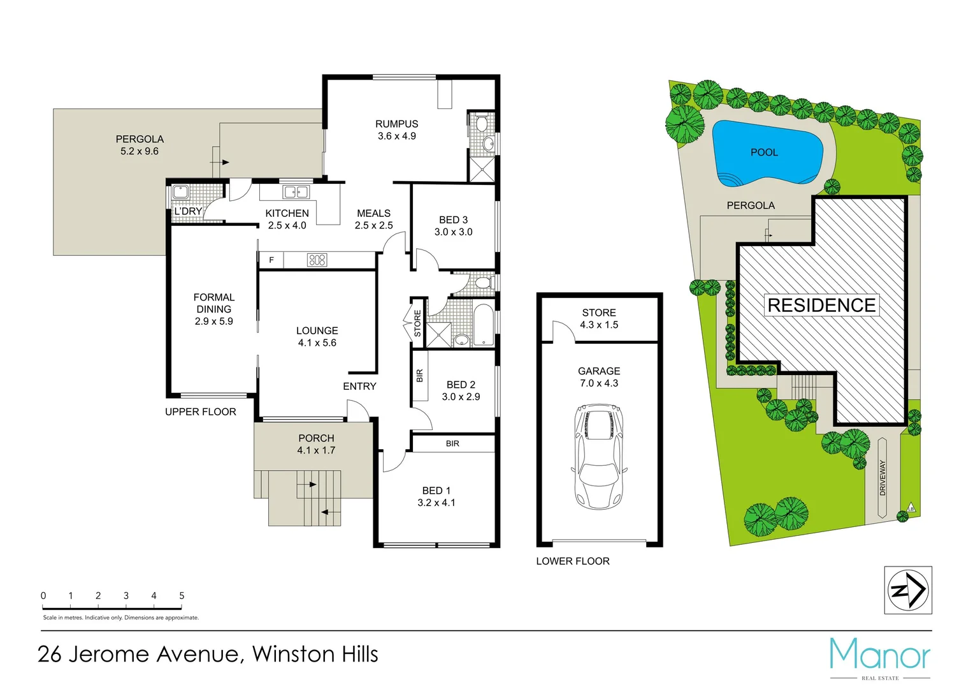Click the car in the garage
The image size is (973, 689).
coord(598,456)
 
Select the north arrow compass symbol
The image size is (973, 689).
coord(908,590)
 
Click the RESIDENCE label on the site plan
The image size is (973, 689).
coord(821,305)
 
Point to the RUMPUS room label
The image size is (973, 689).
coord(396,124)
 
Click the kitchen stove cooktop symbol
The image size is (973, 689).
coord(317,260)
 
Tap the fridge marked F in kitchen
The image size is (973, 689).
coord(271,260)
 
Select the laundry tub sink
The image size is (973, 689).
coord(180,191)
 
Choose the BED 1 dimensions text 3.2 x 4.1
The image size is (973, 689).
coord(436,503)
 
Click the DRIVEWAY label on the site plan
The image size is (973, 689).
coord(883,478)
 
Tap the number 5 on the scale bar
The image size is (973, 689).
coord(182,595)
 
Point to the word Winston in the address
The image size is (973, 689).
coord(292,655)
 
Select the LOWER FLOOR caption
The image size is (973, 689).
coord(572,561)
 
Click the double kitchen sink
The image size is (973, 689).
coord(296,191)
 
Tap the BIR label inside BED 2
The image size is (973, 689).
coord(419,376)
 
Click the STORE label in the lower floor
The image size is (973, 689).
coord(598,313)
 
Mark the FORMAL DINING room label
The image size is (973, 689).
coord(213,303)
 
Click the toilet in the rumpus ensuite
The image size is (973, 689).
coord(481,122)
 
